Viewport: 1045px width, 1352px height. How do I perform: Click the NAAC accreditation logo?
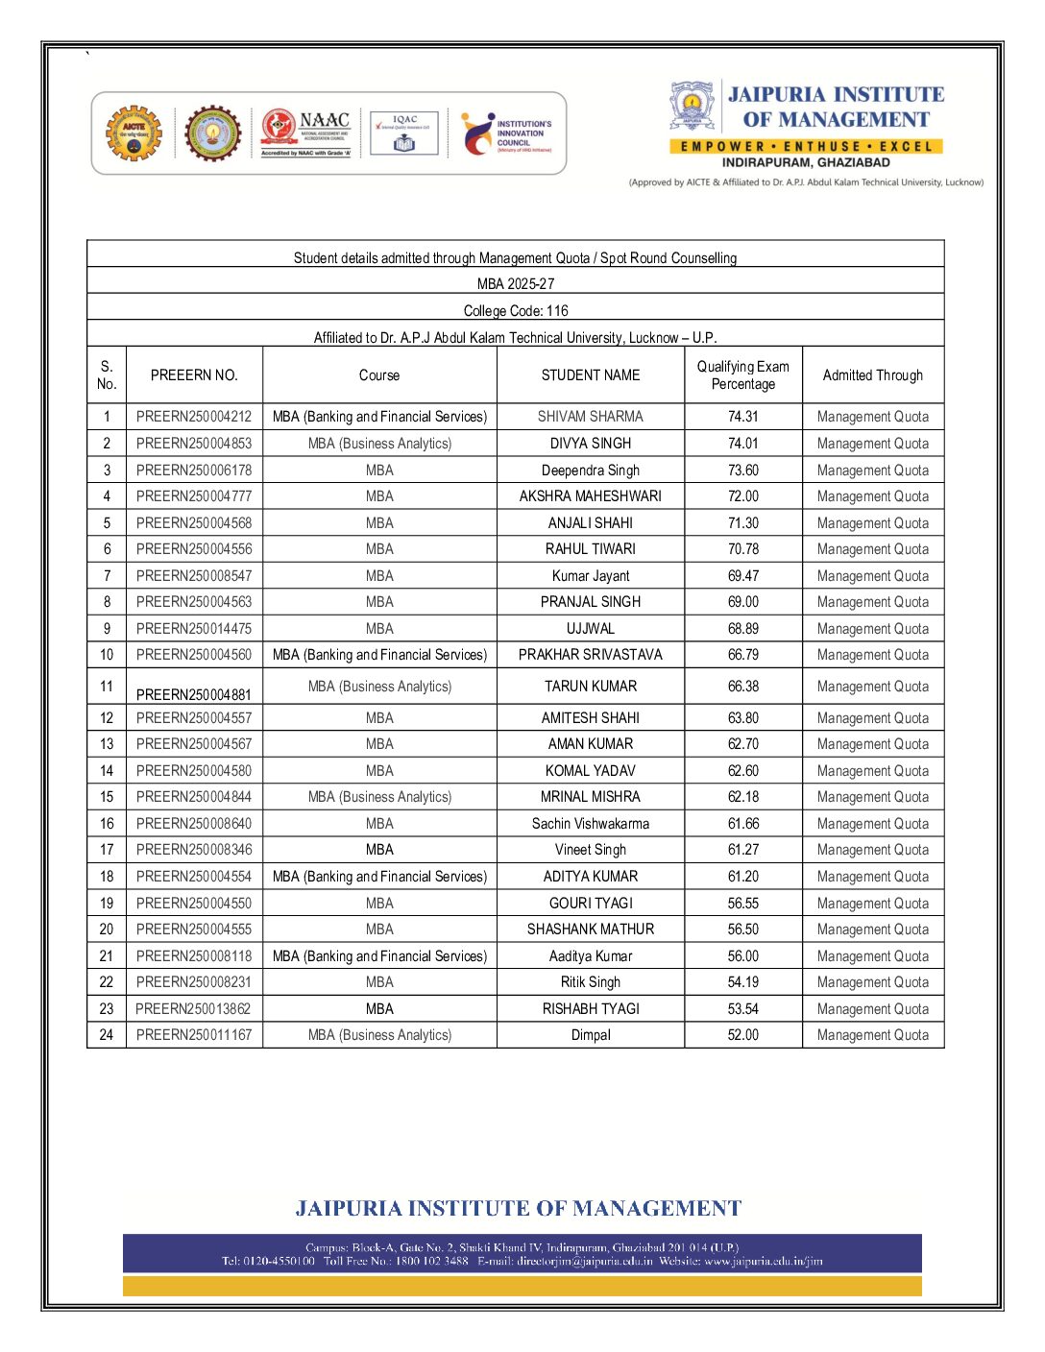(306, 133)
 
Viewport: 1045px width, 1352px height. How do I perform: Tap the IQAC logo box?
(404, 133)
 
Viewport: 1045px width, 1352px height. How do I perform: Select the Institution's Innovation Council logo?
(507, 133)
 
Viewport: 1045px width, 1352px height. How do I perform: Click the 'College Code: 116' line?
(516, 310)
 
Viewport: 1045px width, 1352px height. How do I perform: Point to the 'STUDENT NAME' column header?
(590, 374)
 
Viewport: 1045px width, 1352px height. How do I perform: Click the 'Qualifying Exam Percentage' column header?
(742, 374)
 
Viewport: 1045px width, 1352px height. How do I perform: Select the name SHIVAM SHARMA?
(590, 417)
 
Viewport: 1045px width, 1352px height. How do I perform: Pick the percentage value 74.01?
(742, 444)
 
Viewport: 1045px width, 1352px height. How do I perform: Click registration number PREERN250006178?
(194, 471)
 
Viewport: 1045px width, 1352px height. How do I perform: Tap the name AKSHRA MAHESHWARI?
(590, 496)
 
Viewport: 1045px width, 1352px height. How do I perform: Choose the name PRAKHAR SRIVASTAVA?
(590, 655)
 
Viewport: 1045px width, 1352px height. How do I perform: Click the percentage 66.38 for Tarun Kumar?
(742, 687)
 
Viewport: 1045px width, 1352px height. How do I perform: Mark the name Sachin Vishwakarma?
(590, 824)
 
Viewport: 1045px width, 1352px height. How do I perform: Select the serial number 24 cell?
(107, 1035)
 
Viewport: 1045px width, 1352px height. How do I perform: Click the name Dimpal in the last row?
(590, 1035)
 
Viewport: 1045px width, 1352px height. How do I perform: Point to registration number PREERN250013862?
(194, 1009)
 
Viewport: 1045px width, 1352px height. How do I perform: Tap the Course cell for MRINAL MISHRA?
(379, 797)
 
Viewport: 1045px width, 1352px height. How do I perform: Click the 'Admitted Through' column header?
(872, 374)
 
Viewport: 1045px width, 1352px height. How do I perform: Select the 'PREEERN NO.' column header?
(194, 374)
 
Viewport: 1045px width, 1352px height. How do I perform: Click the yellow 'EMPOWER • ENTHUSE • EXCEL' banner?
(806, 146)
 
